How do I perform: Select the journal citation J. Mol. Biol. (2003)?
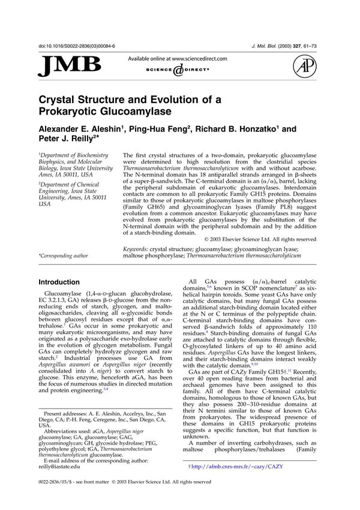[x=289, y=46]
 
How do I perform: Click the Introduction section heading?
[x=64, y=281]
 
